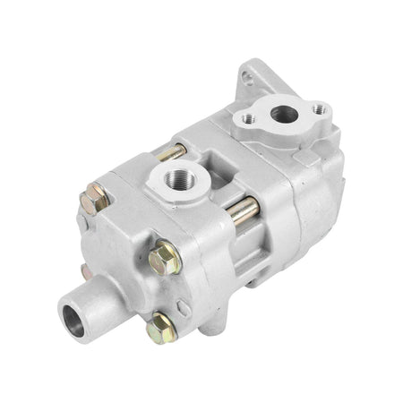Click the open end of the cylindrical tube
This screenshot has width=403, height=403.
[73, 316]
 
